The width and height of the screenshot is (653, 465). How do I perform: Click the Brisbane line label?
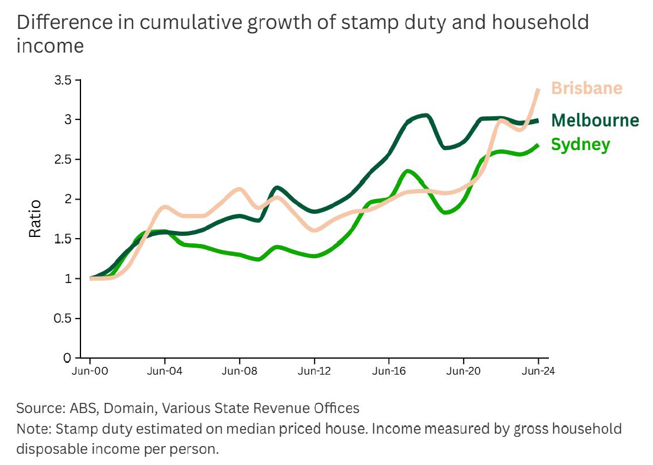[586, 89]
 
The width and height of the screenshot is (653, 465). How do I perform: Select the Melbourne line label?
[594, 121]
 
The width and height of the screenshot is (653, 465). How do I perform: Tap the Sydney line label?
[580, 145]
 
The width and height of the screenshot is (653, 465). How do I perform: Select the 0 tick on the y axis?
[67, 358]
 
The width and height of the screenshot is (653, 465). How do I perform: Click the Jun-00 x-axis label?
[90, 372]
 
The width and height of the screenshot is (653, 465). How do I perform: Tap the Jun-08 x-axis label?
[240, 372]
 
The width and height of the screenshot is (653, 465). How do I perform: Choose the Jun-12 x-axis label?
[314, 372]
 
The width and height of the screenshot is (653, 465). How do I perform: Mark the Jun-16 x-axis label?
[389, 372]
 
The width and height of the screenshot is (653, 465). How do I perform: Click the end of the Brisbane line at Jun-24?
[538, 90]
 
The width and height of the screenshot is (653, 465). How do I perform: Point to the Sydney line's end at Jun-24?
[538, 145]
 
